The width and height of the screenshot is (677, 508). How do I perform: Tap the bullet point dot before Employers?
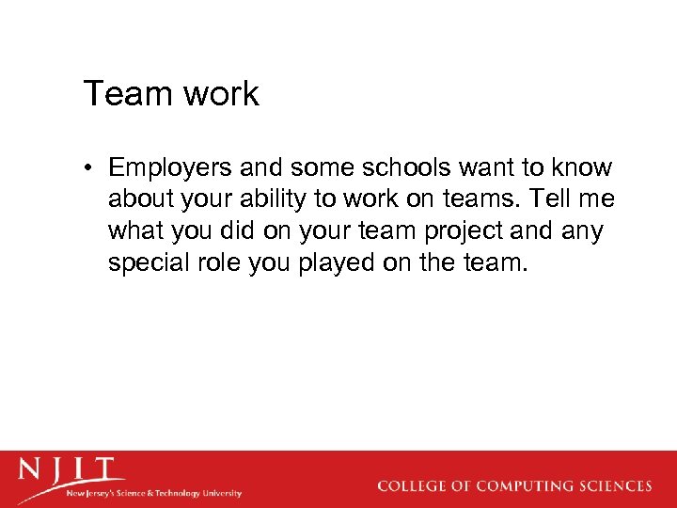point(88,169)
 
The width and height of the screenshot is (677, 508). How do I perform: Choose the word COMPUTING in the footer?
point(523,486)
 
